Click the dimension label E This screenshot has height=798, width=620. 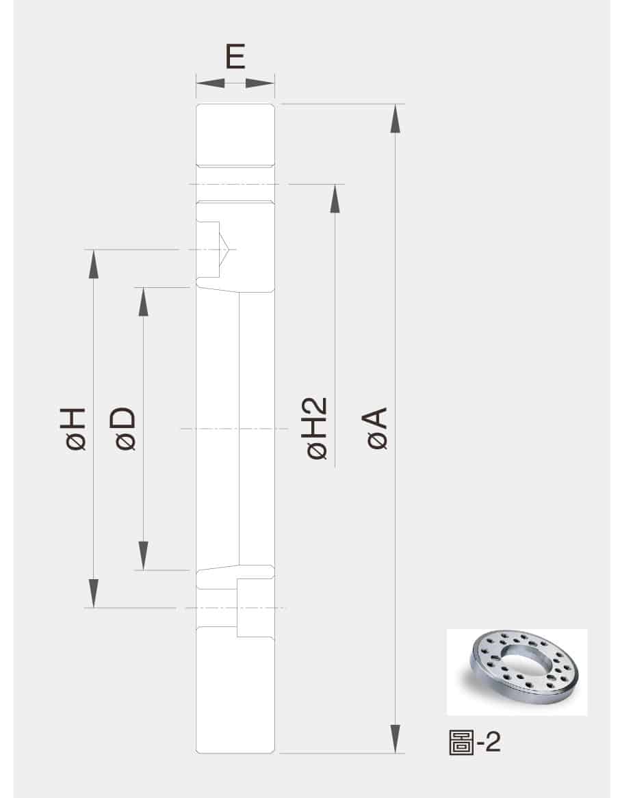(235, 56)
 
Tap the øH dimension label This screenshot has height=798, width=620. (75, 429)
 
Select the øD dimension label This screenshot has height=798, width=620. (125, 429)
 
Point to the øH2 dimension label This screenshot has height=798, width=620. (316, 429)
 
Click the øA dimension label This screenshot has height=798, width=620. (377, 429)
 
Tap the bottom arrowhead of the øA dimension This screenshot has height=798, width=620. (395, 739)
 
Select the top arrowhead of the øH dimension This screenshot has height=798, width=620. (93, 264)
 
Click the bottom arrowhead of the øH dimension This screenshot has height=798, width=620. (93, 594)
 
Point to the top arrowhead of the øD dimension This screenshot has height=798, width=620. (143, 302)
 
